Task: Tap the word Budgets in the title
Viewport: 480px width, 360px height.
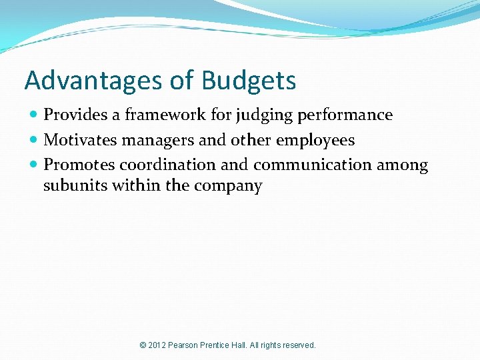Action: click(x=248, y=81)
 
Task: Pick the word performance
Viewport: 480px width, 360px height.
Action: click(x=345, y=115)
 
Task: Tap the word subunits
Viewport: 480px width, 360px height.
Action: click(x=75, y=185)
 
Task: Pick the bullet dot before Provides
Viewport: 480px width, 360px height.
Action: click(x=33, y=115)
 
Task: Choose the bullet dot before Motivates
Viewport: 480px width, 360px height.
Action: click(x=33, y=141)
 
